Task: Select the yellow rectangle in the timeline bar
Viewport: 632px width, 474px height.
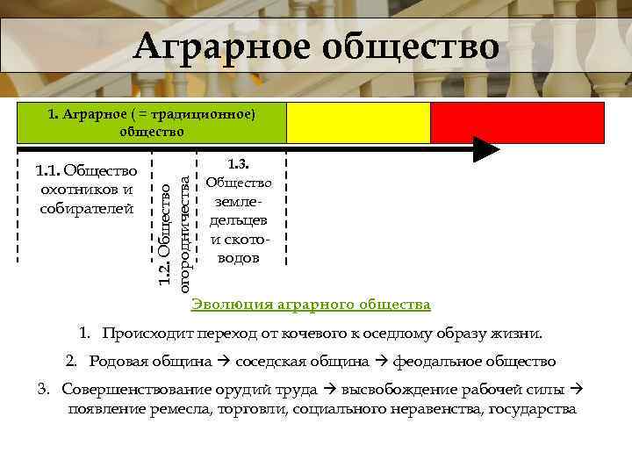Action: coord(359,123)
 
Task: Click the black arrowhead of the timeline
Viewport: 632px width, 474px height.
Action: coord(485,149)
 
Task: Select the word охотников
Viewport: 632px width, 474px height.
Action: coord(87,189)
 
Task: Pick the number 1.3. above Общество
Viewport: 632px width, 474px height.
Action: coord(239,163)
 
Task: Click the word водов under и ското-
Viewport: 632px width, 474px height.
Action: coord(239,259)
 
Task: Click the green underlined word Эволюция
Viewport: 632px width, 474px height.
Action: coord(232,305)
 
